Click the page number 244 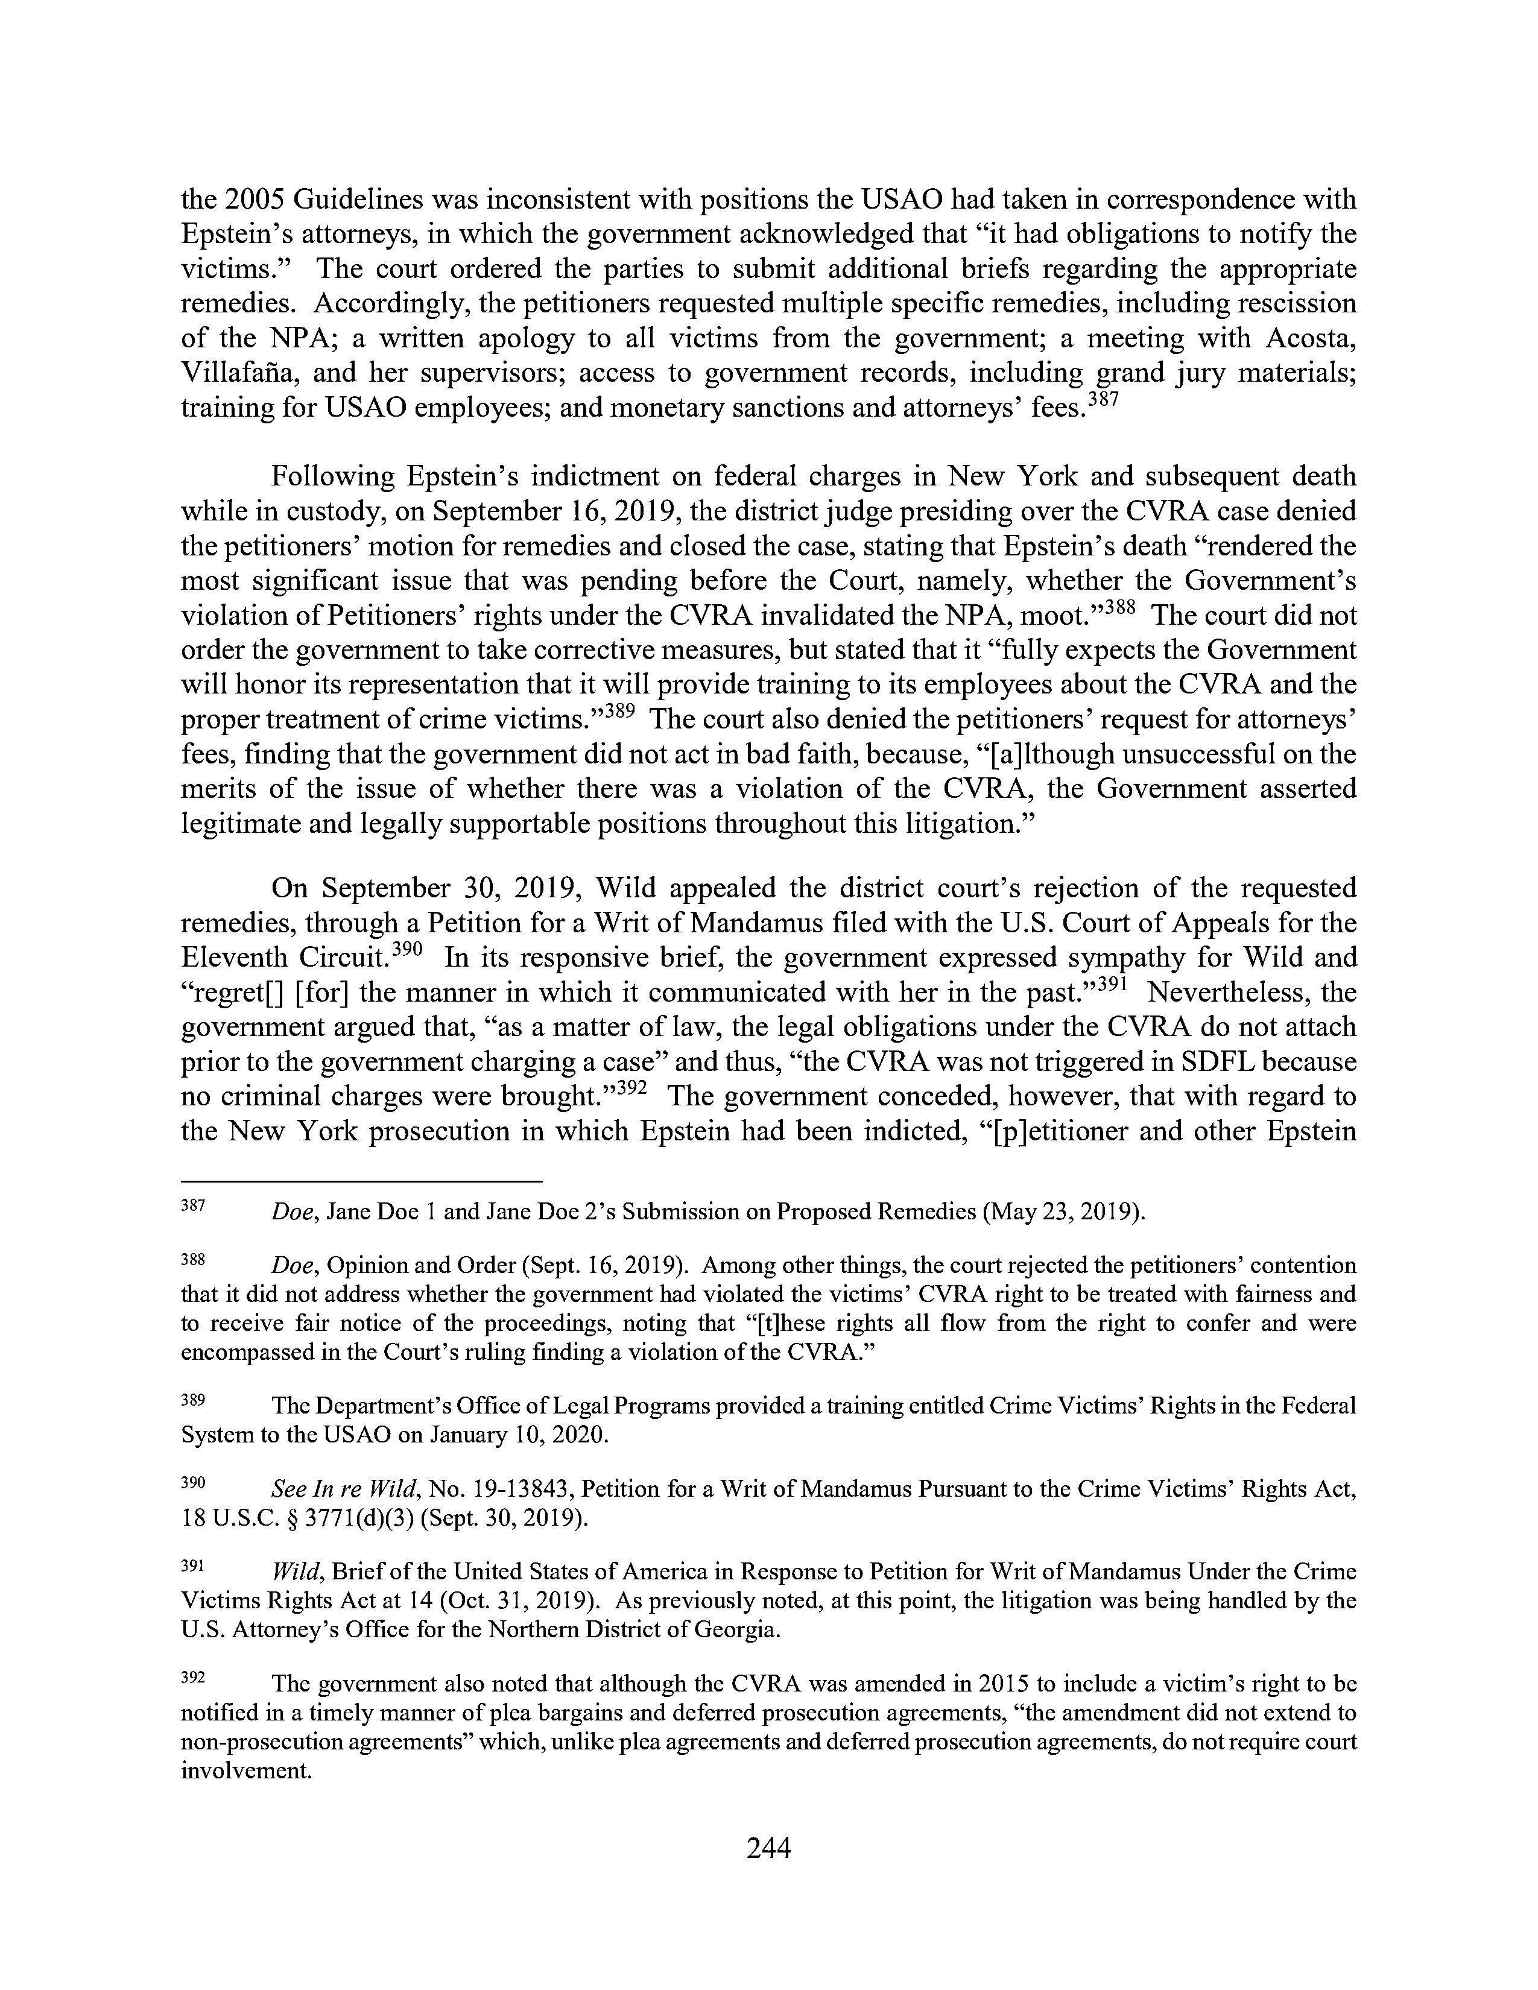768,1847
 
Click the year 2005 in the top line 278,200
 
